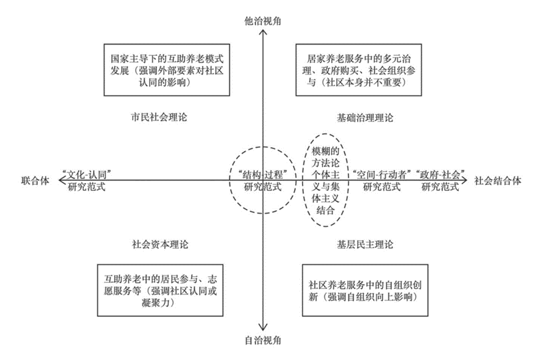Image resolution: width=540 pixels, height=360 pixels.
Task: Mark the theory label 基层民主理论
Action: click(x=365, y=244)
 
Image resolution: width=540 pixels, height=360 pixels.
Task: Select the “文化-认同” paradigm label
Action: click(x=86, y=180)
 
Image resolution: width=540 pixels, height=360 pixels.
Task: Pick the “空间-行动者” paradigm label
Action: click(x=382, y=180)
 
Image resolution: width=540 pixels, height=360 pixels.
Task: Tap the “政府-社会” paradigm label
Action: click(x=440, y=180)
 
